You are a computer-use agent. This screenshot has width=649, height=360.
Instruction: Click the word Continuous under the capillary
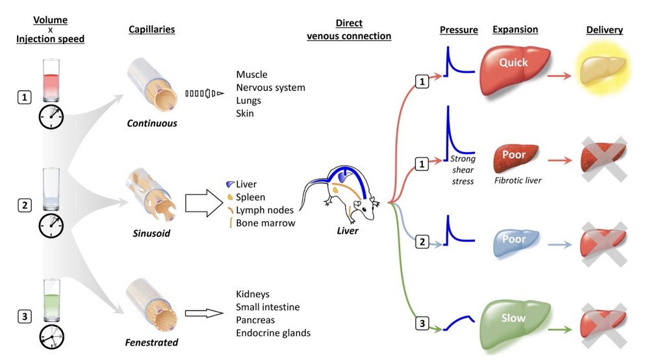pyautogui.click(x=152, y=123)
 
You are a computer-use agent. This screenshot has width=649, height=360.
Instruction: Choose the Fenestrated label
pyautogui.click(x=152, y=342)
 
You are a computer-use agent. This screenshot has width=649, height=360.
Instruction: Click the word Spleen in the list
pyautogui.click(x=251, y=197)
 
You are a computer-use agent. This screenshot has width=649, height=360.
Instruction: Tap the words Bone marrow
pyautogui.click(x=266, y=223)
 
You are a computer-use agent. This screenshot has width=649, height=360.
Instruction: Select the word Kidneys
pyautogui.click(x=253, y=294)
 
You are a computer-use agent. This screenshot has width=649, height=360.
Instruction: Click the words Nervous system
pyautogui.click(x=270, y=88)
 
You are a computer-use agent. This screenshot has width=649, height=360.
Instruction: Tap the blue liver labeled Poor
pyautogui.click(x=513, y=240)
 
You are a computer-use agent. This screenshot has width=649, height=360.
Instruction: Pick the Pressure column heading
pyautogui.click(x=459, y=30)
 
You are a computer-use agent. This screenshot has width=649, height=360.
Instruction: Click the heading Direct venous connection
pyautogui.click(x=349, y=30)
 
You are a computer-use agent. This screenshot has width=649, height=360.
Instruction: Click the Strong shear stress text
pyautogui.click(x=463, y=170)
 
